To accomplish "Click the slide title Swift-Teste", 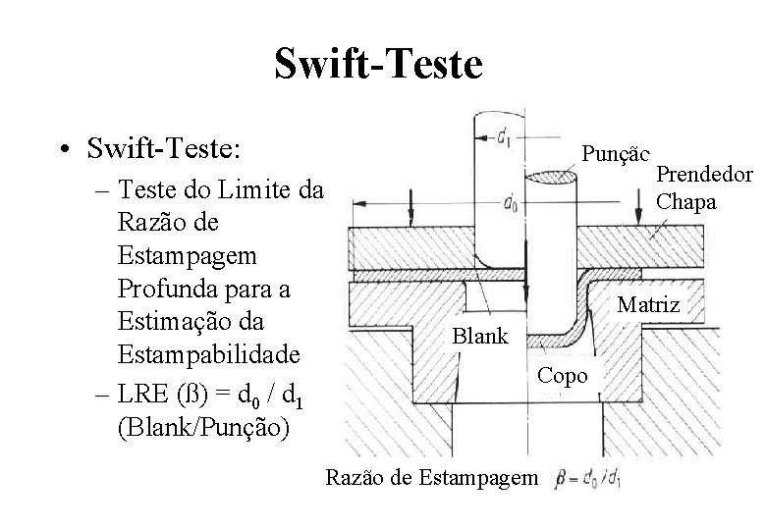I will click(378, 66).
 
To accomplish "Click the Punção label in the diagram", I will click(616, 153).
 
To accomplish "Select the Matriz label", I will click(648, 305).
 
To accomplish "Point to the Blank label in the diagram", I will click(480, 337).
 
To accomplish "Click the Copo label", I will click(564, 376).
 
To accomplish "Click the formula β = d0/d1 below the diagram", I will click(588, 480).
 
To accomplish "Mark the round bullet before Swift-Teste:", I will click(62, 150).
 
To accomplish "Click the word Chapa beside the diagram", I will click(686, 202).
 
